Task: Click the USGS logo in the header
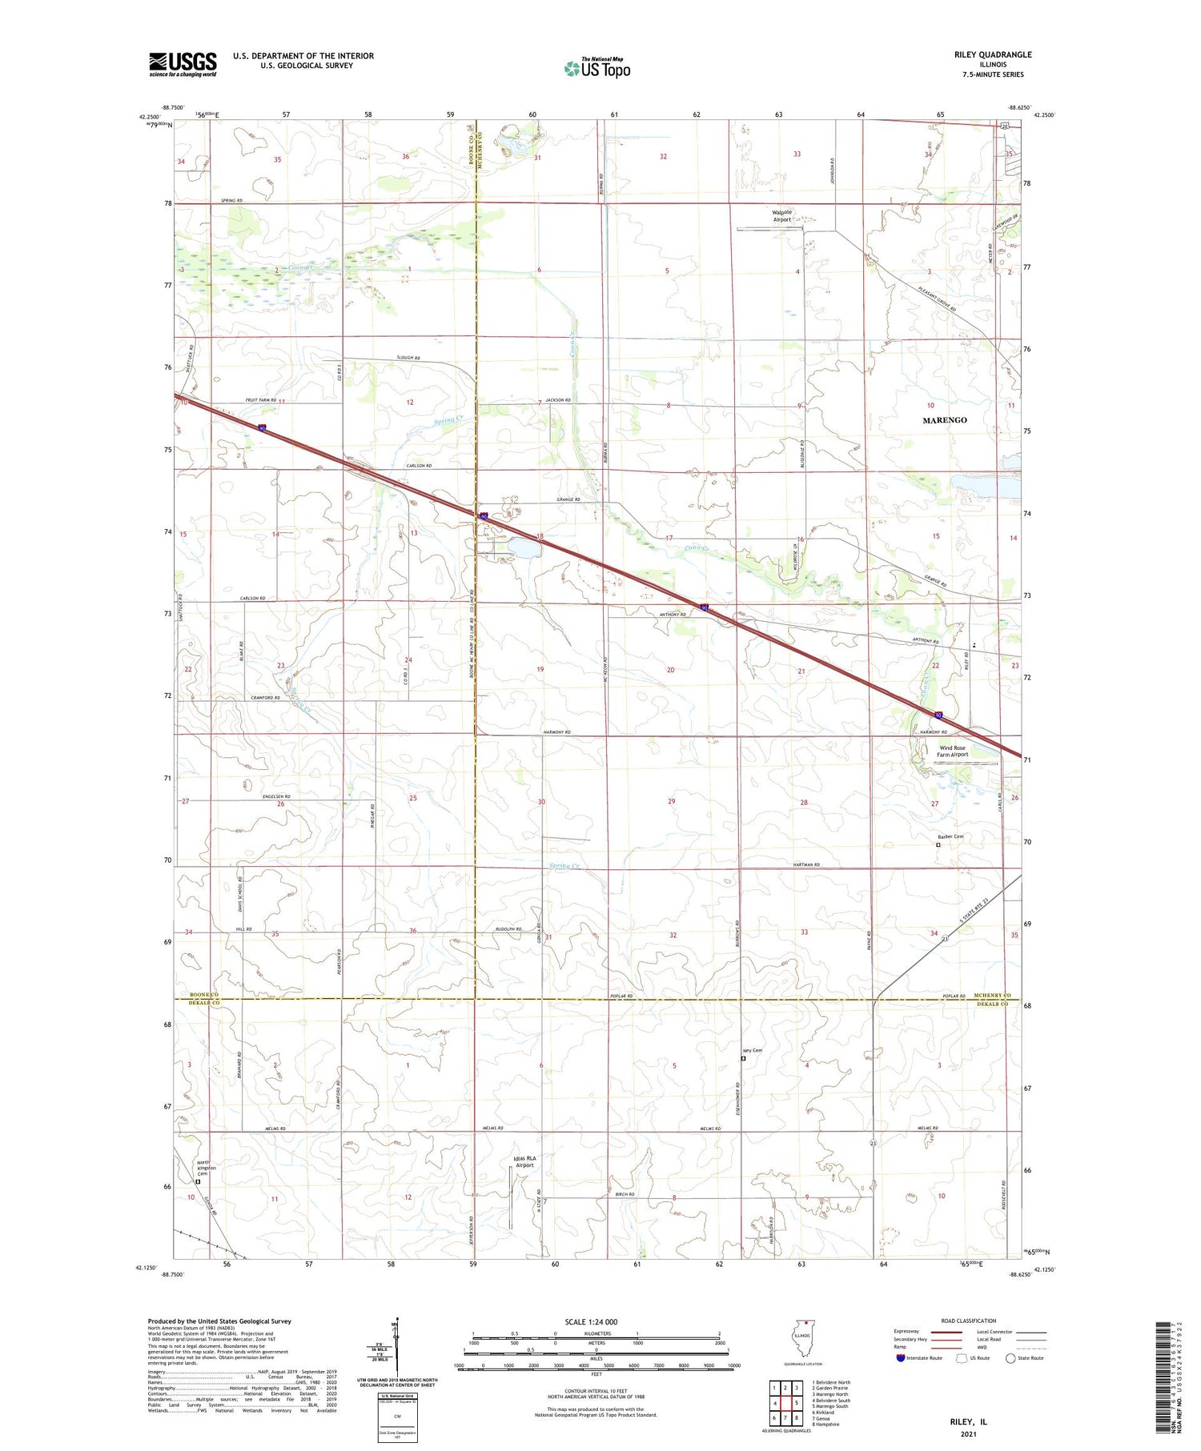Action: pos(183,64)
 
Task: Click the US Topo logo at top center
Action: pos(597,68)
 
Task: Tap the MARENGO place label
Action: pos(944,420)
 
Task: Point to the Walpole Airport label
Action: pos(781,216)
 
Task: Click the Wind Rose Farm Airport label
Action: pos(953,751)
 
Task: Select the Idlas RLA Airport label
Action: pos(524,1162)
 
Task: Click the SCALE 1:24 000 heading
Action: pos(596,1321)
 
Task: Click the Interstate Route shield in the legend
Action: pos(901,1358)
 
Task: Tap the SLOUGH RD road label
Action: pos(407,358)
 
